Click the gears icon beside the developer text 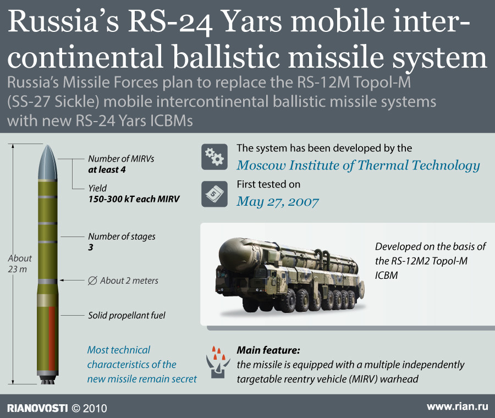click(215, 157)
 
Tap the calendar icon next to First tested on click(215, 194)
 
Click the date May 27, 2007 click(278, 202)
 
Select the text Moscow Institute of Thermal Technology click(358, 166)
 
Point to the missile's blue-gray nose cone click(47, 163)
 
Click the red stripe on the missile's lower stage click(52, 338)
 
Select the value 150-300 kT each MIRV click(134, 199)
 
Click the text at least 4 click(107, 170)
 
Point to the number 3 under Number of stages click(91, 247)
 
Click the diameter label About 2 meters click(123, 280)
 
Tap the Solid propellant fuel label click(127, 315)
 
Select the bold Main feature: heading click(268, 350)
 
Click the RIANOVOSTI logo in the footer click(37, 408)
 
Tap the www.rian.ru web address click(458, 406)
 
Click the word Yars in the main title click(252, 21)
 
